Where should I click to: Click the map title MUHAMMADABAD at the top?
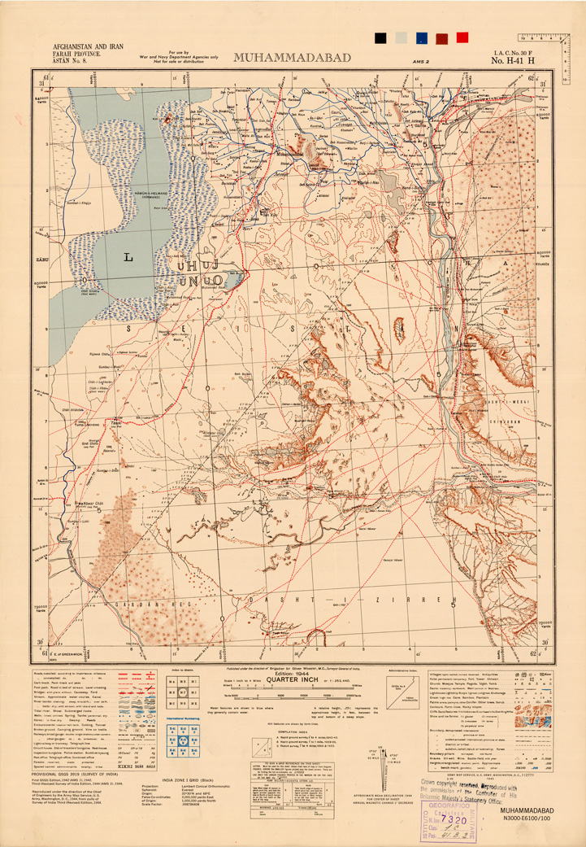(293, 58)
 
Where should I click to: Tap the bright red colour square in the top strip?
(462, 37)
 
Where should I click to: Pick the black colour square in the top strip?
(380, 37)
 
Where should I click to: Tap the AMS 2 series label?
(421, 61)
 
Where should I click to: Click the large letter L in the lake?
(127, 257)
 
